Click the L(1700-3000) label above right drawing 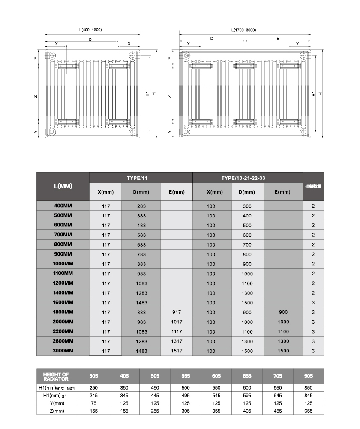click(x=243, y=30)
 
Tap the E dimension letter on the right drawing click(x=278, y=39)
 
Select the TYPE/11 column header click(x=141, y=177)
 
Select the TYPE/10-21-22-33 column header click(x=247, y=177)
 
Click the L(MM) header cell click(x=63, y=186)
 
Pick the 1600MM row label click(x=63, y=302)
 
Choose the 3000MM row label click(x=63, y=350)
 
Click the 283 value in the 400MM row click(x=141, y=206)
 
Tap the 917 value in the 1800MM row click(x=177, y=312)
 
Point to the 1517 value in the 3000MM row click(x=177, y=351)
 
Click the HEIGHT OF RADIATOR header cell click(x=56, y=376)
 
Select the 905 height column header click(x=308, y=376)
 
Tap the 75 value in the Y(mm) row click(x=94, y=403)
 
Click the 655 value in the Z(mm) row click(x=308, y=411)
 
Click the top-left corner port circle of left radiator click(x=52, y=56)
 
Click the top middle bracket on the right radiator click(x=243, y=66)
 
